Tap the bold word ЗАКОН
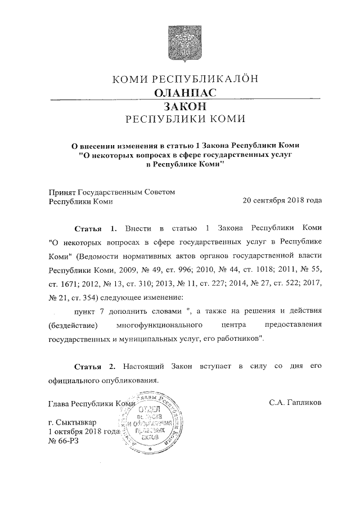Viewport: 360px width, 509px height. [186, 106]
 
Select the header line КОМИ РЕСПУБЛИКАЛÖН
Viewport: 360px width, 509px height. [186, 79]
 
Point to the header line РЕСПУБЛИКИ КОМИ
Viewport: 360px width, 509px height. [186, 119]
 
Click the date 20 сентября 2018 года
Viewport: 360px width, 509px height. [282, 200]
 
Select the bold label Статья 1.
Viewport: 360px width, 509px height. [95, 229]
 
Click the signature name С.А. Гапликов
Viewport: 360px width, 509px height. [296, 403]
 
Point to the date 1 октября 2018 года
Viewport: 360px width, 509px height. [85, 431]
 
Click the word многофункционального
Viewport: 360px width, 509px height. [172, 326]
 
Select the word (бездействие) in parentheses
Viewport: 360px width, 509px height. [74, 326]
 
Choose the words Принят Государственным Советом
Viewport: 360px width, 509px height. [112, 191]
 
